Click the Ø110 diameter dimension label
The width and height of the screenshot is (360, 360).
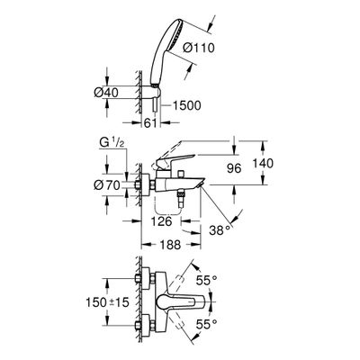point(199,48)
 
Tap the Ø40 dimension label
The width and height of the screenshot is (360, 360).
point(106,93)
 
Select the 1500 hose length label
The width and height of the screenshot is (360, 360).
point(186,105)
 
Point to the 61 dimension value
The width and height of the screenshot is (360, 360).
point(150,122)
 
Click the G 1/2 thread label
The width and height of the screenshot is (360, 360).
point(112,143)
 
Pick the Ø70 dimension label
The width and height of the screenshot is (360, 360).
point(106,185)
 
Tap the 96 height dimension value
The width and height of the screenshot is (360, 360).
point(234,168)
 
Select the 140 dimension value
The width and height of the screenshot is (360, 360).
point(263,164)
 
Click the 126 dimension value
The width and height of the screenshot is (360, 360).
point(162,221)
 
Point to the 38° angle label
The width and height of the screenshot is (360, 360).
point(220,230)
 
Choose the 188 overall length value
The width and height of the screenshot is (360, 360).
point(171,245)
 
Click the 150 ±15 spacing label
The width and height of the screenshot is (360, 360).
point(107,301)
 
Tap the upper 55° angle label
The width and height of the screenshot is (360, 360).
point(206,281)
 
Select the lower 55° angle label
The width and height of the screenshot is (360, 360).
point(206,324)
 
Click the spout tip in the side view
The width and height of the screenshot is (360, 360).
point(201,183)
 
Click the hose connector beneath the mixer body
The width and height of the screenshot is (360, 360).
point(180,196)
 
